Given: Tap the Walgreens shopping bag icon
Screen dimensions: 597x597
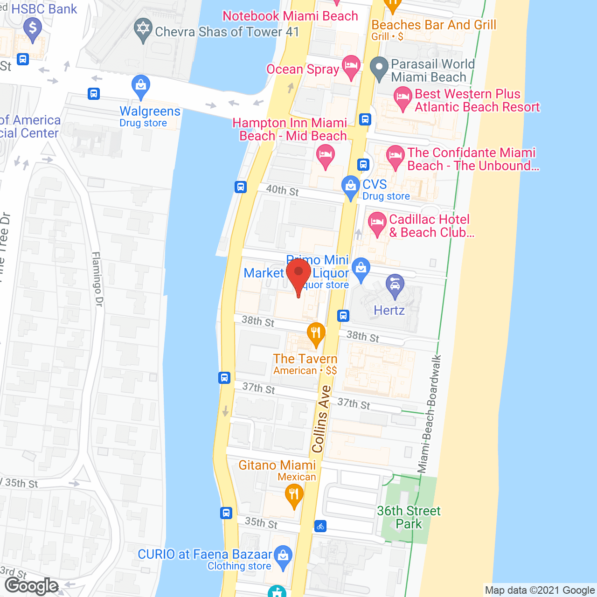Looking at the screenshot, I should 140,86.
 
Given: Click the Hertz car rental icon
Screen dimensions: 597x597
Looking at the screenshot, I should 395,285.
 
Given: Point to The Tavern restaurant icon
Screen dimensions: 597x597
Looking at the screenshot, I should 316,333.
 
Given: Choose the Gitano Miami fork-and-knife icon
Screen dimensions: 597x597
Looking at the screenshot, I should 294,494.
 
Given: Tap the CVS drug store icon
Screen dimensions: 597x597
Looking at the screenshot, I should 350,187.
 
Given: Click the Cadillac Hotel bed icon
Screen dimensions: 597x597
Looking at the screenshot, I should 377,223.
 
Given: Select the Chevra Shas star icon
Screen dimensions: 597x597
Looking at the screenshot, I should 143,29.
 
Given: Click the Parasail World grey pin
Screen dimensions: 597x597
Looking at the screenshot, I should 379,68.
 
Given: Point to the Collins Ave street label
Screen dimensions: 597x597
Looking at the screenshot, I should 321,419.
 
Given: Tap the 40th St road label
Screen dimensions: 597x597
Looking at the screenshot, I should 283,190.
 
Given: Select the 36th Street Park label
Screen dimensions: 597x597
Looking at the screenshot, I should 409,517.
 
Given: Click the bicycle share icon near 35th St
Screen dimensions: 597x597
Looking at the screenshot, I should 320,526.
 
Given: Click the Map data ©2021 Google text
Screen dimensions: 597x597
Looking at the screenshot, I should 540,590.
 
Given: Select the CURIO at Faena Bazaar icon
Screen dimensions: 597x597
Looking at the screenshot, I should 283,556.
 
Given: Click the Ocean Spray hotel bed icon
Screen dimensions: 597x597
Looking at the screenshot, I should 351,67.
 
